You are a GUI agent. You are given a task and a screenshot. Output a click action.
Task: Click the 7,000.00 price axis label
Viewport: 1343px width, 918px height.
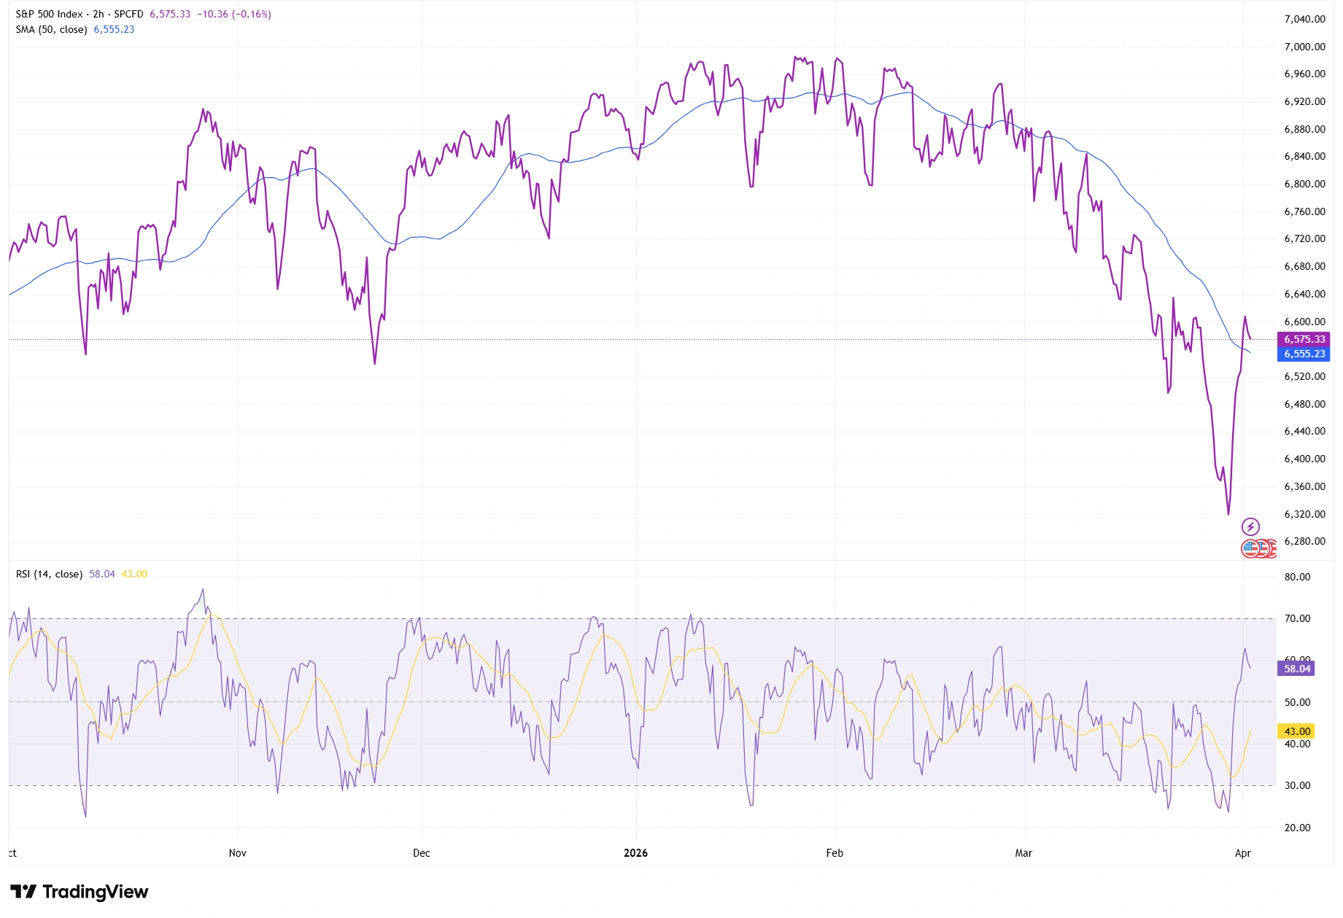[1304, 47]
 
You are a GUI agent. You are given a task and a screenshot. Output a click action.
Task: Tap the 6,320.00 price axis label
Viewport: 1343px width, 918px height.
[1304, 514]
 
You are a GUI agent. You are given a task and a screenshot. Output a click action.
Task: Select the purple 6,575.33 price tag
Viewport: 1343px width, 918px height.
[1304, 339]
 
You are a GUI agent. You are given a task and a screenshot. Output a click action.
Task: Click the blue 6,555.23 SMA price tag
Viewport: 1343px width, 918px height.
[1304, 354]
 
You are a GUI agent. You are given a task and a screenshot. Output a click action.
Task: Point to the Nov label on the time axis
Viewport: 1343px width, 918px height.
[237, 853]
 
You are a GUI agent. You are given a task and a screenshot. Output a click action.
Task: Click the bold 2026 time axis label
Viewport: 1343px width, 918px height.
[635, 853]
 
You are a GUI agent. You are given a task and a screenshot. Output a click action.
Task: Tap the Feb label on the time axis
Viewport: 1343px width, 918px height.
[835, 853]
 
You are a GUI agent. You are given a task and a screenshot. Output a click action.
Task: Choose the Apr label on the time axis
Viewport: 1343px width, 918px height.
[1242, 853]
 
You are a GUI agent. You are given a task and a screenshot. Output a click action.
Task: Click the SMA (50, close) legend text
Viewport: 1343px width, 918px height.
[51, 30]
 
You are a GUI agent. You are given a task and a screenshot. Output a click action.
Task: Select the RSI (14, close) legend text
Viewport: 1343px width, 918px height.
[49, 575]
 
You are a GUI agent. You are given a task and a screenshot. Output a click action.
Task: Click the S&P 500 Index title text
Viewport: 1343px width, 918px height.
[49, 15]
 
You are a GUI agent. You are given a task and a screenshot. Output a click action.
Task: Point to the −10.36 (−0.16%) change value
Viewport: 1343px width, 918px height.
[233, 15]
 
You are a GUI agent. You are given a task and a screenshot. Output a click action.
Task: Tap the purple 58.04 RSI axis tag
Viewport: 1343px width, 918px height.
[1296, 669]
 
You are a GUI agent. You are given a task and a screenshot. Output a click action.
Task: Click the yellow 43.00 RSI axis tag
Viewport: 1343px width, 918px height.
[1296, 731]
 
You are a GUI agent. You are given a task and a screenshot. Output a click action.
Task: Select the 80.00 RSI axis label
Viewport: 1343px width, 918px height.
[1297, 577]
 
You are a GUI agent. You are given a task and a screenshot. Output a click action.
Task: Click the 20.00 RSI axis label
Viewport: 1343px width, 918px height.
[1297, 828]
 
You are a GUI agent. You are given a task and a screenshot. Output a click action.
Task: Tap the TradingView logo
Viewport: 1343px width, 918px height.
[80, 892]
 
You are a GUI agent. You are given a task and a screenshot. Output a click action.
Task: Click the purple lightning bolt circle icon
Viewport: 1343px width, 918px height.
[1250, 526]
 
